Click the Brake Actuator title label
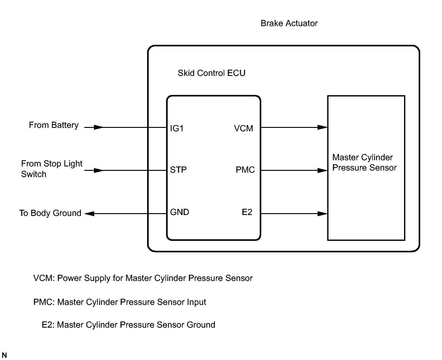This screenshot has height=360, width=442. tap(289, 23)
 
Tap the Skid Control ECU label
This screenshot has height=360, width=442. tap(212, 73)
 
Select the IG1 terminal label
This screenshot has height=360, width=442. tap(177, 129)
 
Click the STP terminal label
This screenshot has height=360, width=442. tap(178, 170)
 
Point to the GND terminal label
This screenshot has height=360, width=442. tap(179, 212)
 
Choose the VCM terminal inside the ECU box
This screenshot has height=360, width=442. tap(244, 129)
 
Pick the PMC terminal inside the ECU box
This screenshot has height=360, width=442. tap(245, 170)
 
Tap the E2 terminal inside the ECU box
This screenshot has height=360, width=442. tap(247, 212)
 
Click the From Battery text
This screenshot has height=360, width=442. tap(54, 125)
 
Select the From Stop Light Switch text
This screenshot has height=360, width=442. tap(52, 169)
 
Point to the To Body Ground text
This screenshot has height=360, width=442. tap(50, 213)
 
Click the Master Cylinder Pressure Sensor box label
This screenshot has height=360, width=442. tap(364, 162)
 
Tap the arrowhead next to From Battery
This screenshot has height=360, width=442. tap(98, 127)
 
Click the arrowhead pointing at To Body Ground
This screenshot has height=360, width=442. tap(90, 214)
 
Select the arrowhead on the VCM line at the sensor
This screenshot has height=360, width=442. tap(323, 127)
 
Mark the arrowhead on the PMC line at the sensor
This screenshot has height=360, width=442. tap(323, 171)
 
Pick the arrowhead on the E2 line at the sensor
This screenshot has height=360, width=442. tap(323, 214)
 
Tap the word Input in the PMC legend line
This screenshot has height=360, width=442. tap(196, 302)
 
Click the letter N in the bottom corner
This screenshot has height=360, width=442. tap(4, 355)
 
